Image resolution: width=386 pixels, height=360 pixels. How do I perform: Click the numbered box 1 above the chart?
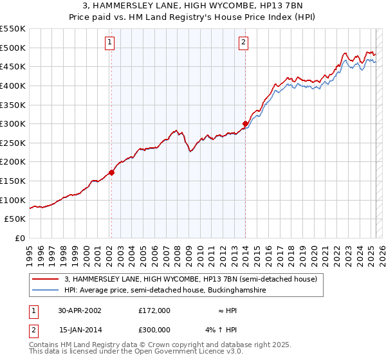(110, 43)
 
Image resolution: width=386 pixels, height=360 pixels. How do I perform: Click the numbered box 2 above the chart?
(244, 43)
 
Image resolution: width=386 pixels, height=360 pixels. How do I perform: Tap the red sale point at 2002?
(111, 172)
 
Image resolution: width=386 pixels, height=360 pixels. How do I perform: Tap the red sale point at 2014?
(245, 123)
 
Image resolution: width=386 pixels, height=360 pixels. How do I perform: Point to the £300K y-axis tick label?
(13, 123)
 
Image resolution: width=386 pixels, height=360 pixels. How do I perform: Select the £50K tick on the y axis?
(15, 219)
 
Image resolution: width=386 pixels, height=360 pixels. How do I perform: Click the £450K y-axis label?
(13, 66)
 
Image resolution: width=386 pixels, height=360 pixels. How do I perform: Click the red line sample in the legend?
(46, 280)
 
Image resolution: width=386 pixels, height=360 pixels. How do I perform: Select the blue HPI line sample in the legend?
(46, 291)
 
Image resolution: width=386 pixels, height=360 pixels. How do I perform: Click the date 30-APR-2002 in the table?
(80, 310)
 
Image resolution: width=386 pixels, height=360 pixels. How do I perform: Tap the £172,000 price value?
(154, 310)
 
